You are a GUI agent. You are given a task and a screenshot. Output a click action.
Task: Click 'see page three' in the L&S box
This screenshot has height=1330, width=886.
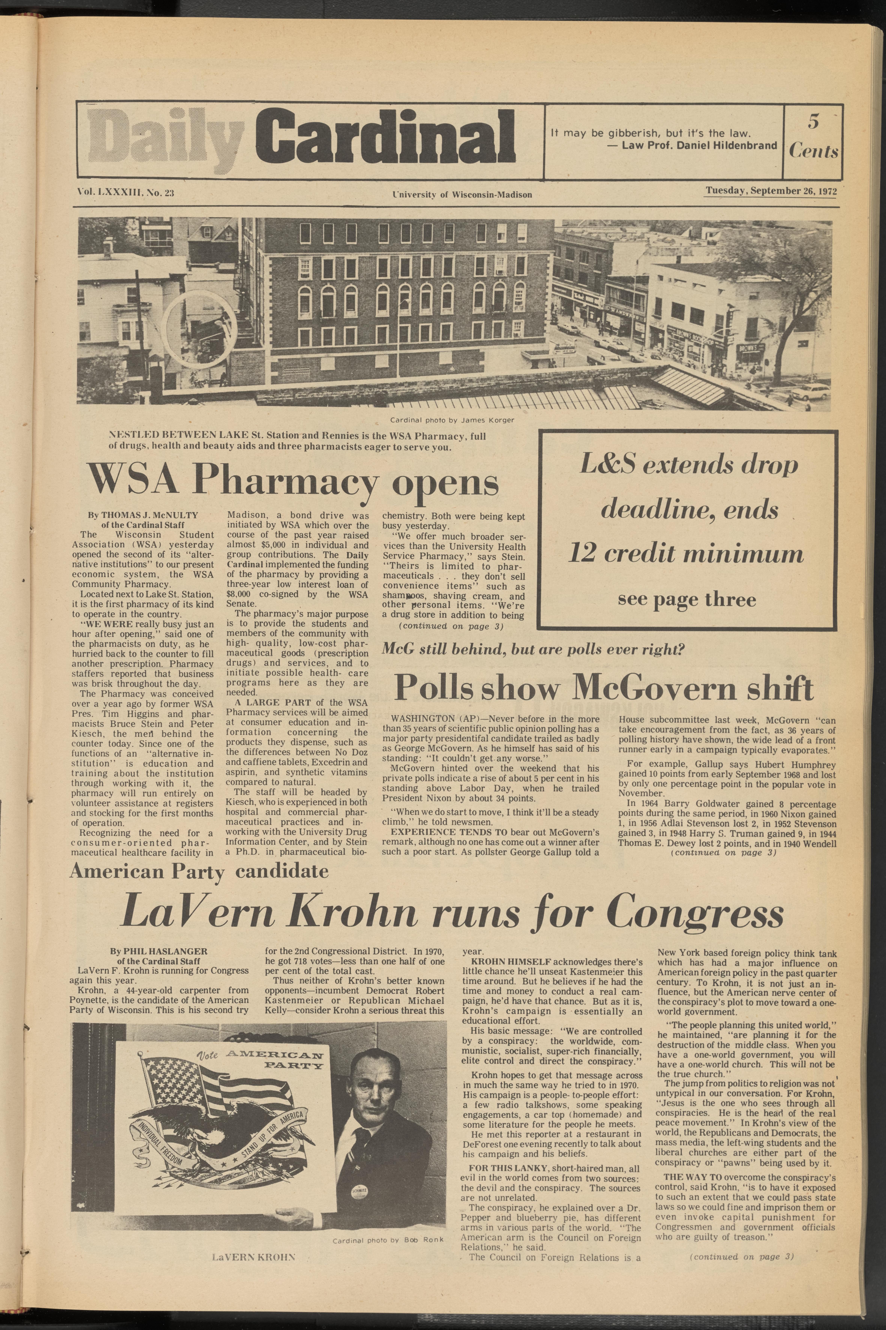pos(686,599)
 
